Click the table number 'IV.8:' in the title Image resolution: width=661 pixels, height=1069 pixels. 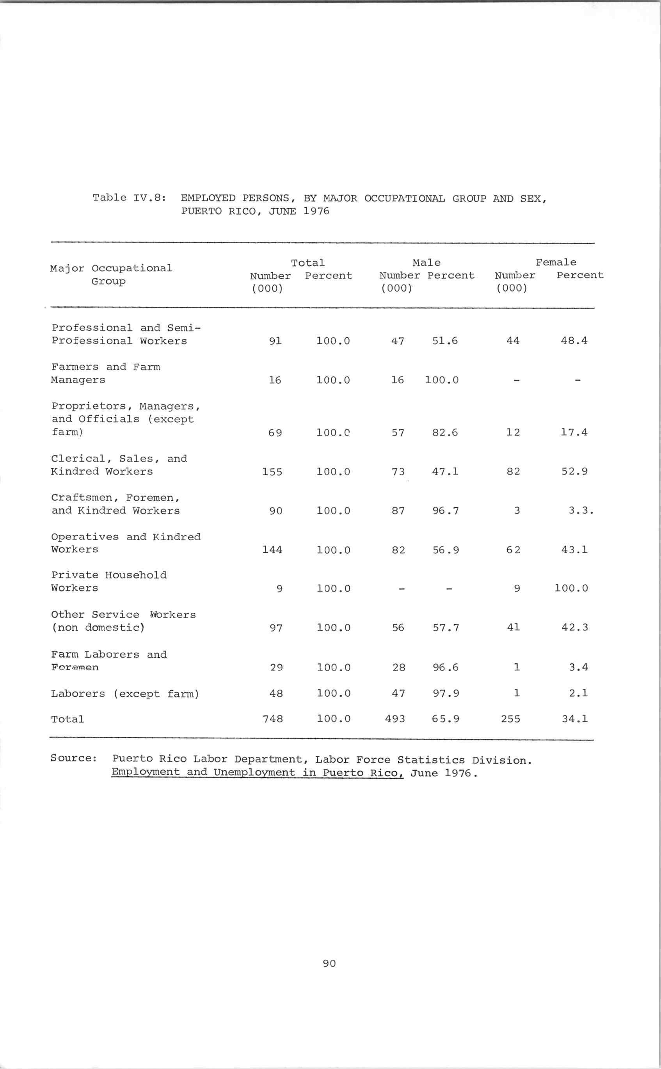tap(149, 197)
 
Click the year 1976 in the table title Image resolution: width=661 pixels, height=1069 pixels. tap(316, 211)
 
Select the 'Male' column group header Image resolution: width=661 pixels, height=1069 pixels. tap(426, 262)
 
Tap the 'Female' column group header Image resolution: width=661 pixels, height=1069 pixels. tap(556, 262)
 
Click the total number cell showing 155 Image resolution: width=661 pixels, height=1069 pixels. tap(272, 472)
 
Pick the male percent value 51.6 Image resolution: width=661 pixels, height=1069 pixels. tap(445, 341)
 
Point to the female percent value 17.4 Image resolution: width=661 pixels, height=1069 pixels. tap(574, 432)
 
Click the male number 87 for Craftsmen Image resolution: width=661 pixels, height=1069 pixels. tap(398, 510)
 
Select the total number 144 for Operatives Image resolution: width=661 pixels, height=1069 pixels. tap(272, 550)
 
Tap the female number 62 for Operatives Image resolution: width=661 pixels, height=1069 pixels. tap(513, 550)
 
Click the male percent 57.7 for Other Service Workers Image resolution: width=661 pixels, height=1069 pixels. tap(446, 628)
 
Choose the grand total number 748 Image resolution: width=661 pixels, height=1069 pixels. tap(273, 719)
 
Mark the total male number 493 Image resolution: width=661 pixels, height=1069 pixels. tap(395, 719)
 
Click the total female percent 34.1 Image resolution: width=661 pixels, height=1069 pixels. tap(574, 719)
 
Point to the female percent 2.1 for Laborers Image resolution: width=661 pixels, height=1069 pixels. tap(578, 693)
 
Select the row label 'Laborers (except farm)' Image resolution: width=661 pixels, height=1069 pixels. tap(125, 694)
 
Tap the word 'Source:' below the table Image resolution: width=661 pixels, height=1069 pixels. tap(73, 758)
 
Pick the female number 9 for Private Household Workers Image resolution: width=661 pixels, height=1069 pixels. tap(517, 589)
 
